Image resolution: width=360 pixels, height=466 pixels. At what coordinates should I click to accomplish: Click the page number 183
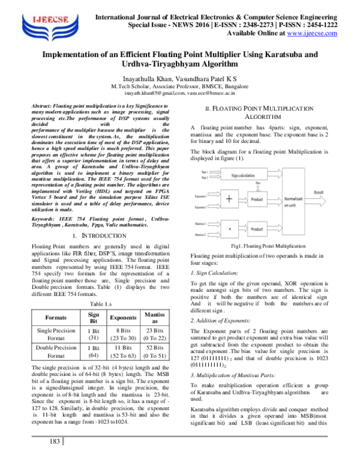click(x=55, y=459)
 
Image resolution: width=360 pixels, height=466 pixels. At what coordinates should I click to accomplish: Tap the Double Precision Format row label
click(x=56, y=351)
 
